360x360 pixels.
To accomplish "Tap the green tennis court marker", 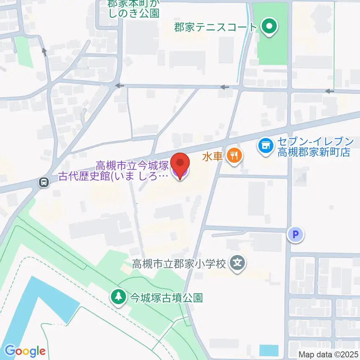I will [x=269, y=27].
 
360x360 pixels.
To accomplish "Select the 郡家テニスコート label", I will [x=216, y=27].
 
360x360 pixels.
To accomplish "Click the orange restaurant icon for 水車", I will [x=235, y=155].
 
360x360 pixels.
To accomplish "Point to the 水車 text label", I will [x=213, y=156].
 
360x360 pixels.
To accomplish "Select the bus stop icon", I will [x=44, y=183].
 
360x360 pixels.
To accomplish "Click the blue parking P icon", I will [x=295, y=235].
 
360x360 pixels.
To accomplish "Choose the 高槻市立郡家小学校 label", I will [x=179, y=264].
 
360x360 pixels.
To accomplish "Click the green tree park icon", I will [x=118, y=297].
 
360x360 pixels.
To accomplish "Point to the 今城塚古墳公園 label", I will [x=166, y=298].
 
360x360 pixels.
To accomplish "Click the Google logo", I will [x=25, y=351].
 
